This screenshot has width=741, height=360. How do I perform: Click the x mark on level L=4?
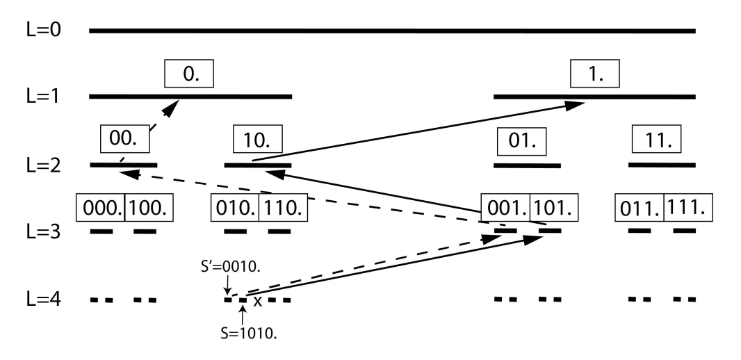pos(258,301)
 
